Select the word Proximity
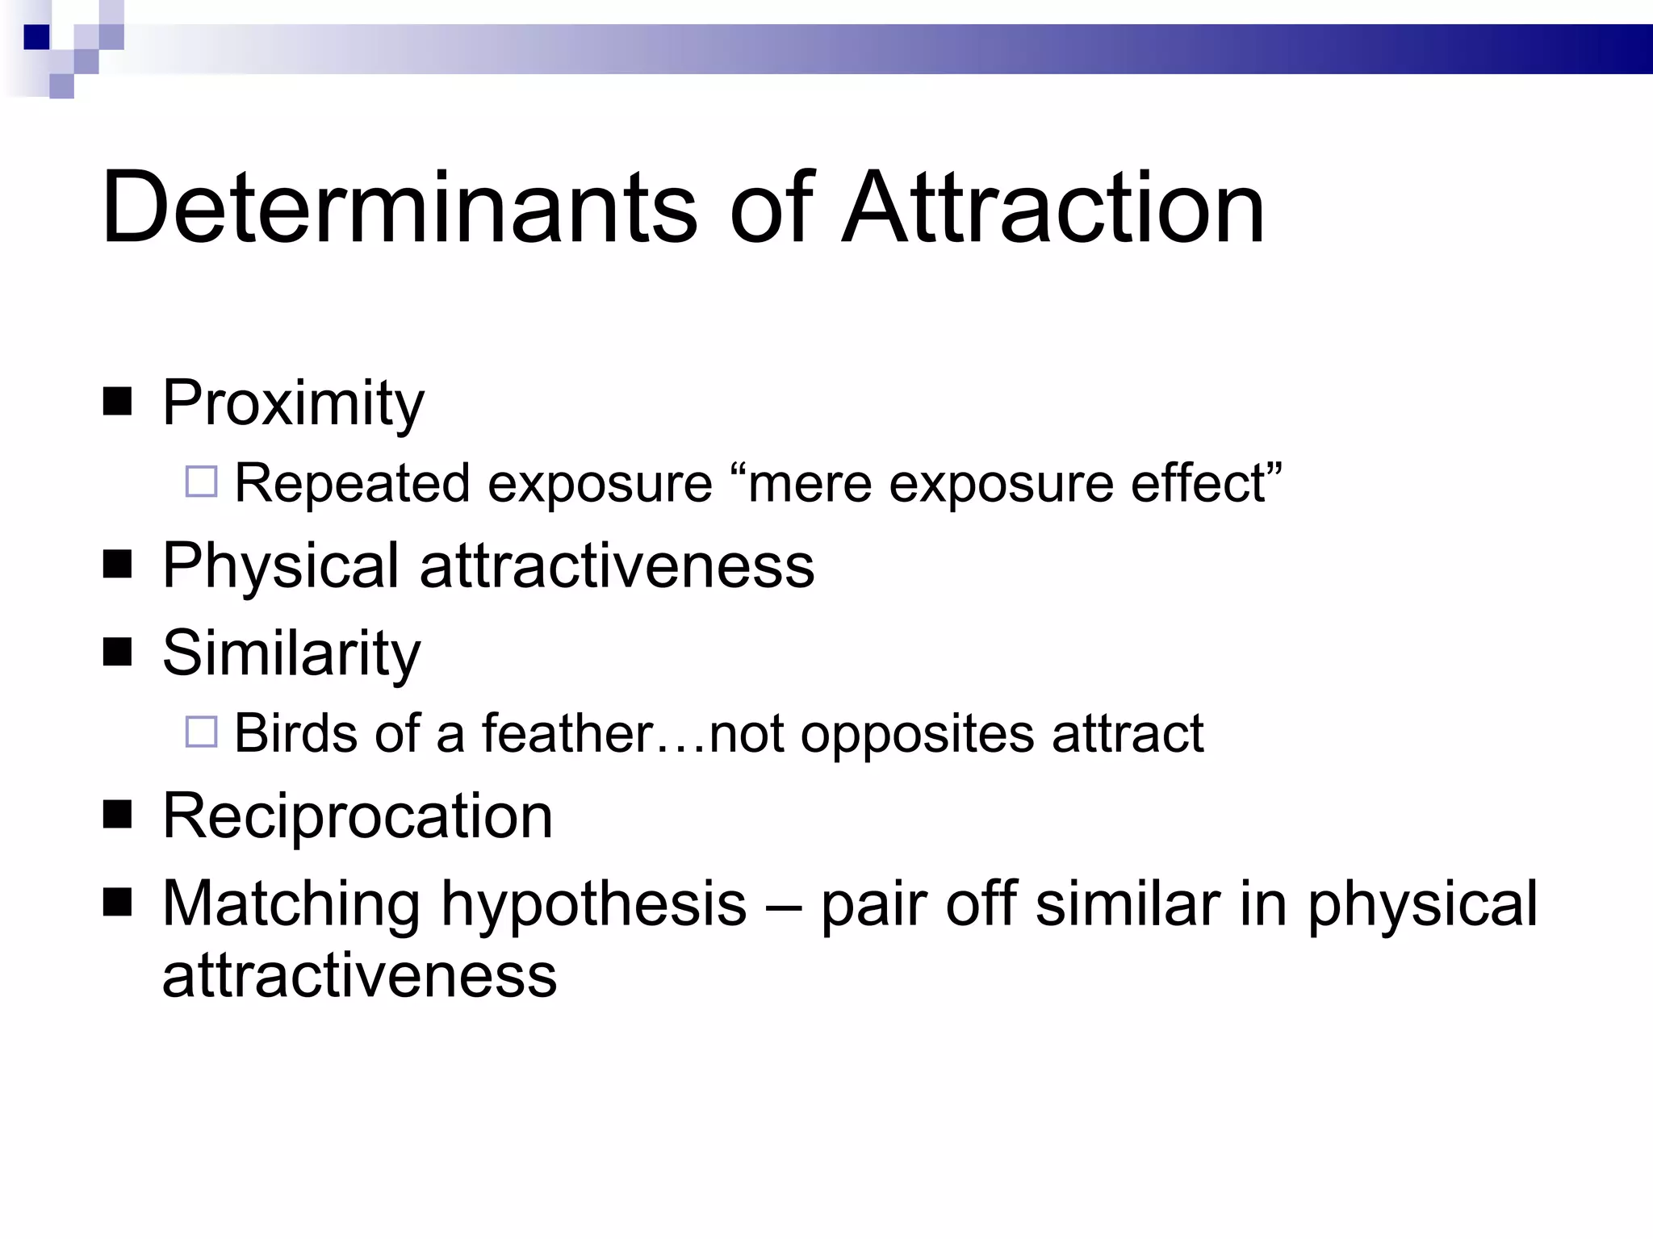[293, 403]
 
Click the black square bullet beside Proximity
[118, 401]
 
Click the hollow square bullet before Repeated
[202, 482]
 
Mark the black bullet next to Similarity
[118, 652]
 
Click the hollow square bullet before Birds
[202, 732]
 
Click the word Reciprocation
[358, 816]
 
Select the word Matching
[291, 905]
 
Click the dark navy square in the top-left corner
[37, 37]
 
